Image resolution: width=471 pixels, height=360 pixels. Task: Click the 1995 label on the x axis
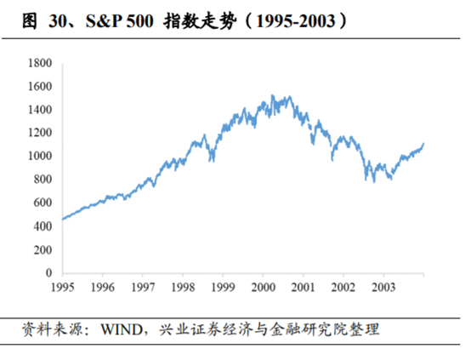pos(62,287)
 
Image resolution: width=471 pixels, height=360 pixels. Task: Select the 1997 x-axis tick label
pos(142,287)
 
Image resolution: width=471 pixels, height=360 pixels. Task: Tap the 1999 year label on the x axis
pos(223,287)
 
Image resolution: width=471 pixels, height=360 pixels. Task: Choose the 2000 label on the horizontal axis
pos(263,287)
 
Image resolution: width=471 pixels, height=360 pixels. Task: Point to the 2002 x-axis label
pos(343,287)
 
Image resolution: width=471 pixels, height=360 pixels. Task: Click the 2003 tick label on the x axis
pos(383,287)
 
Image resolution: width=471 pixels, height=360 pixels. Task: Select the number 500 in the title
pos(134,18)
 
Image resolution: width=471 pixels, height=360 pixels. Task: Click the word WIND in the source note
pos(119,329)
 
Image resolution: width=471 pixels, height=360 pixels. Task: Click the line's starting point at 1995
pos(62,220)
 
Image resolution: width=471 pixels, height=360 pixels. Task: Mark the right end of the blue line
pos(423,144)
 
